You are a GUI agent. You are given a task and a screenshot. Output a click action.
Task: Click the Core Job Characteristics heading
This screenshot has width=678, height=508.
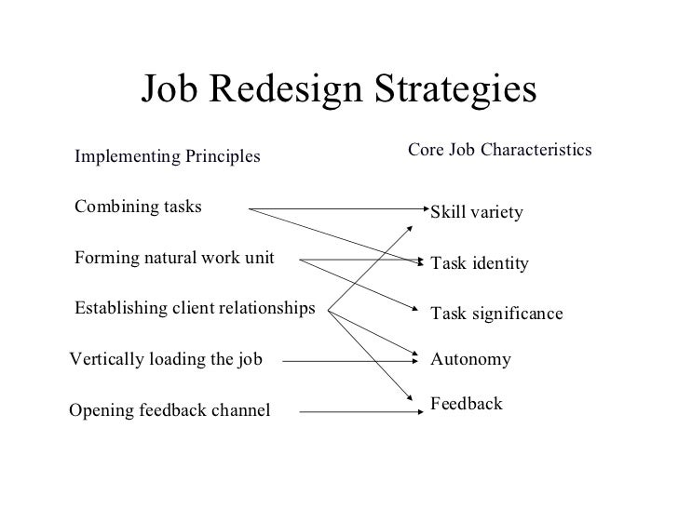tap(501, 149)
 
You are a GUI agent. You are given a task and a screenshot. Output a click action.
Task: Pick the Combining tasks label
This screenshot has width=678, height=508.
tap(138, 207)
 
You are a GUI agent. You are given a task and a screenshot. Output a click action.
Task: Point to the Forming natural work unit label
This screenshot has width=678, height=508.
tap(174, 258)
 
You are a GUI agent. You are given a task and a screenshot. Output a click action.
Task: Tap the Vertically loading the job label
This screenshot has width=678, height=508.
tap(166, 358)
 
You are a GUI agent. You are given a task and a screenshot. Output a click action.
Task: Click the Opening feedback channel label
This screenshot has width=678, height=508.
tap(169, 409)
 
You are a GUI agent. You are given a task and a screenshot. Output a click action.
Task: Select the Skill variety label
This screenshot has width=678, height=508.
tap(477, 214)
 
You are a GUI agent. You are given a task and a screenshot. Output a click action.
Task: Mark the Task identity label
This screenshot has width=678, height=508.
tap(480, 264)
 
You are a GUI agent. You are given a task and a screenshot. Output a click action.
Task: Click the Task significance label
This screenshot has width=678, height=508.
tap(496, 314)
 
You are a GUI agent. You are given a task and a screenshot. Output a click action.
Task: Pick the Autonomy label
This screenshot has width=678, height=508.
tap(470, 358)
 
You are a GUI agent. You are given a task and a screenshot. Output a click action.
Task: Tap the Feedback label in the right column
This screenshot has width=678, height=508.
tap(466, 404)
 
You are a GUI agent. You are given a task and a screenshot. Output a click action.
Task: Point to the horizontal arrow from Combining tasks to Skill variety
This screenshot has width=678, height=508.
tap(335, 209)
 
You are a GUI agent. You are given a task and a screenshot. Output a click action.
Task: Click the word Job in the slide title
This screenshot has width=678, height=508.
tap(170, 90)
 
